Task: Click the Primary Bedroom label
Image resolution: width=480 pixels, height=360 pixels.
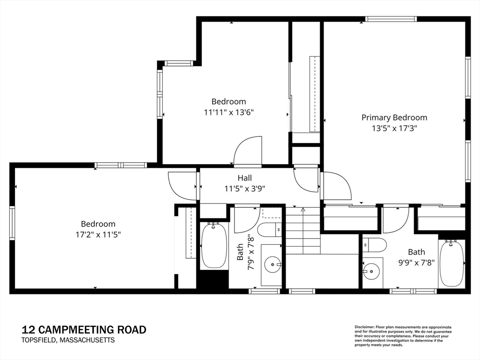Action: tap(394, 118)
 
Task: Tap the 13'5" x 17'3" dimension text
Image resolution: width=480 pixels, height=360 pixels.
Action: tap(395, 128)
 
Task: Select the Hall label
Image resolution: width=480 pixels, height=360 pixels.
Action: tap(245, 178)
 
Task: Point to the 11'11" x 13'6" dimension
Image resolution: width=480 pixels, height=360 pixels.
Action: tap(229, 112)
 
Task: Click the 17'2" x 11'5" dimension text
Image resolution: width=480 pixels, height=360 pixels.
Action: tap(98, 235)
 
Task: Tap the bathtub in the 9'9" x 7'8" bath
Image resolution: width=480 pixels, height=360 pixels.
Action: tap(451, 263)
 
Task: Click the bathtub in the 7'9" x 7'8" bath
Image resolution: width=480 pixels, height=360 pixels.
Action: tap(214, 247)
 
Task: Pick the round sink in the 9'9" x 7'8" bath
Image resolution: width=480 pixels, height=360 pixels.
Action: tap(371, 271)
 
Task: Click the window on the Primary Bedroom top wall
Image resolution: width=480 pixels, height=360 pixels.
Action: tap(391, 19)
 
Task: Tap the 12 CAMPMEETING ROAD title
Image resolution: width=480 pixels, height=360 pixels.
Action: tap(84, 330)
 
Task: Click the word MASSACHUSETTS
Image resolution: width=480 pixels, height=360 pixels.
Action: tap(87, 340)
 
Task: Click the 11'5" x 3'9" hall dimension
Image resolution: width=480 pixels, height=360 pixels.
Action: tap(245, 188)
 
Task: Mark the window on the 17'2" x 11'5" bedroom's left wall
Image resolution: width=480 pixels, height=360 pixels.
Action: tap(12, 223)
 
